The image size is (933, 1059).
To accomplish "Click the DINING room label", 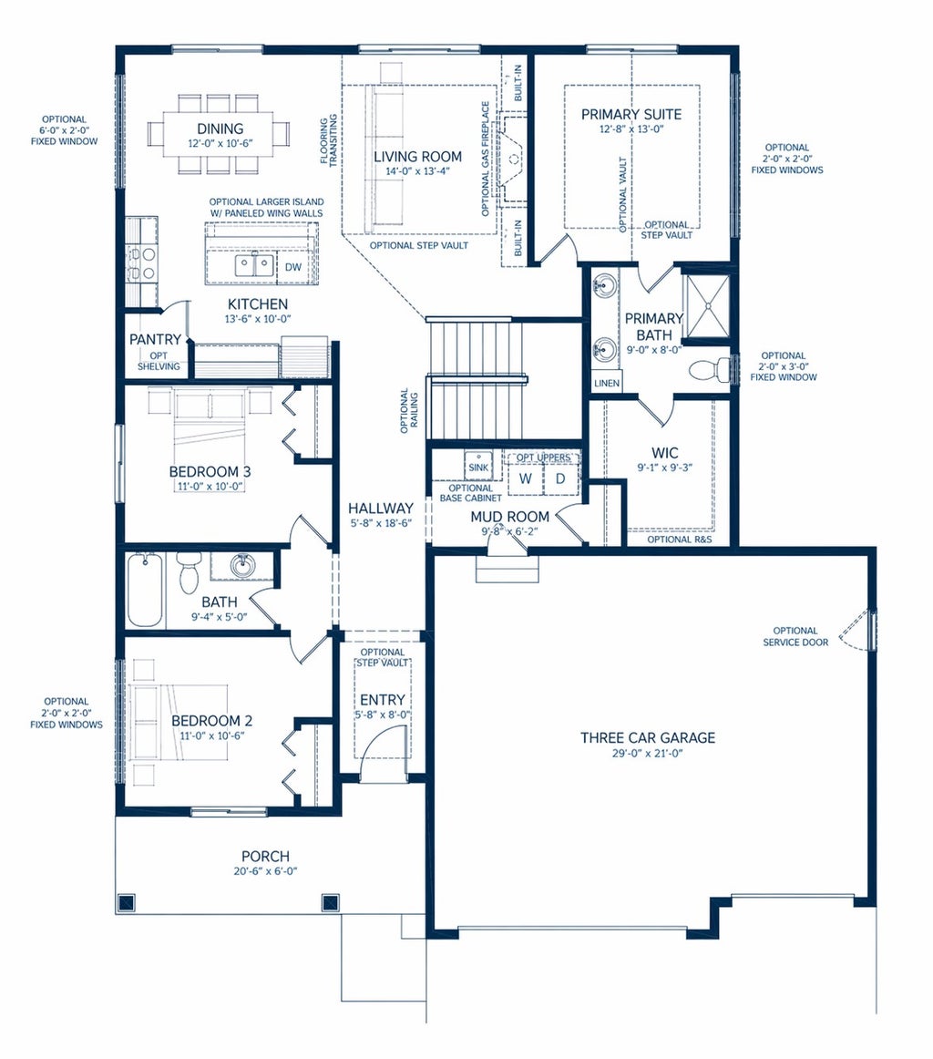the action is tap(220, 129).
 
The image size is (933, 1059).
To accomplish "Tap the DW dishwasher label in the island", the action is tap(293, 267).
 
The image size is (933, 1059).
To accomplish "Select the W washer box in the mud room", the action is tap(525, 478).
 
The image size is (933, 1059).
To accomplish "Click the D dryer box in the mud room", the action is tap(560, 478).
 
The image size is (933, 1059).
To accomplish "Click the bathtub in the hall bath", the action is tap(145, 590).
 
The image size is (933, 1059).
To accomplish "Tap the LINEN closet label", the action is tap(606, 383).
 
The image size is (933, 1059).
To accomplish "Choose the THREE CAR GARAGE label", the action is tap(648, 737).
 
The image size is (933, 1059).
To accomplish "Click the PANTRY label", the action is tap(155, 339).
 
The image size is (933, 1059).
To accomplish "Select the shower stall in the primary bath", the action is tap(707, 305).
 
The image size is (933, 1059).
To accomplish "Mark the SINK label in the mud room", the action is tap(478, 468).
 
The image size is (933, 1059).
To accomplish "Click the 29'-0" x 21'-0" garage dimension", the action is tap(648, 753).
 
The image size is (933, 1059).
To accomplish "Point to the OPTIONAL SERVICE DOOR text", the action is tap(795, 636).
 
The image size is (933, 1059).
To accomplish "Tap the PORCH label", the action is tap(265, 857).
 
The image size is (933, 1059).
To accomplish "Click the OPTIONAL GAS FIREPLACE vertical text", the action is tap(486, 159).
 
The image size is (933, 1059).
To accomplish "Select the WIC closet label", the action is tap(665, 453).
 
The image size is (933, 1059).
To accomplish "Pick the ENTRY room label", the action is tap(382, 700).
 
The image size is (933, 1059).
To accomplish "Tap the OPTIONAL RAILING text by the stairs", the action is tap(410, 411).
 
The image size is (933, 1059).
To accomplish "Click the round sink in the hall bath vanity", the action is tap(241, 565).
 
